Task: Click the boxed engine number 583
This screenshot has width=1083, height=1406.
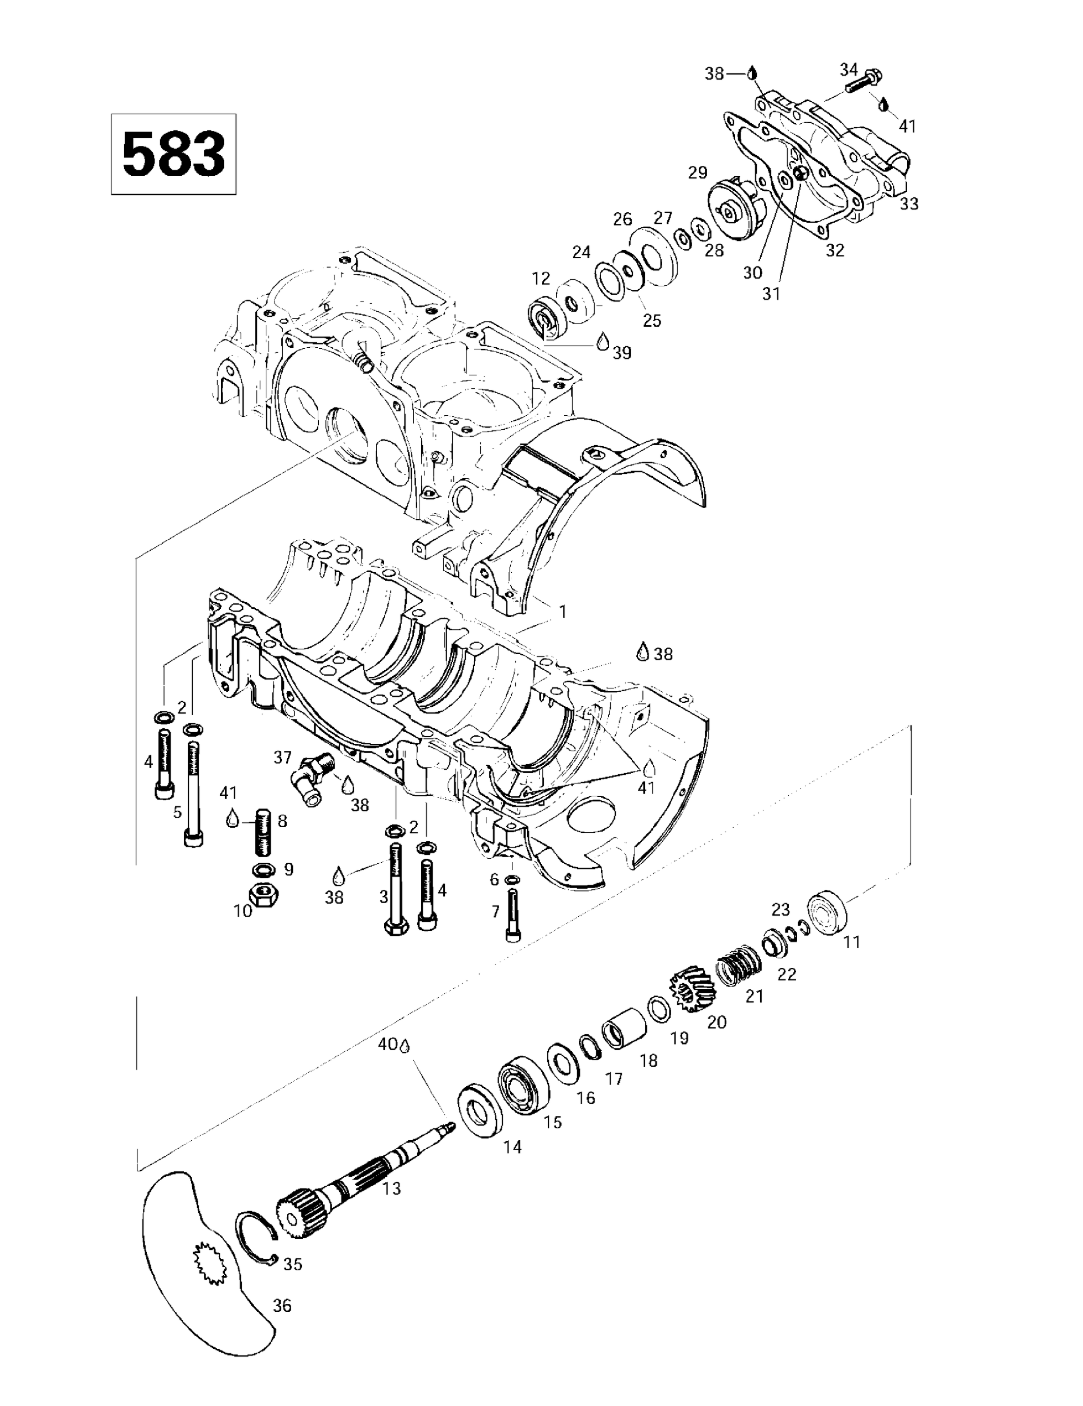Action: pyautogui.click(x=173, y=155)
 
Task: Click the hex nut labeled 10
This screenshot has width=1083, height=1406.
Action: pyautogui.click(x=263, y=895)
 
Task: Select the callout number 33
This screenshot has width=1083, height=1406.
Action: pyautogui.click(x=909, y=204)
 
